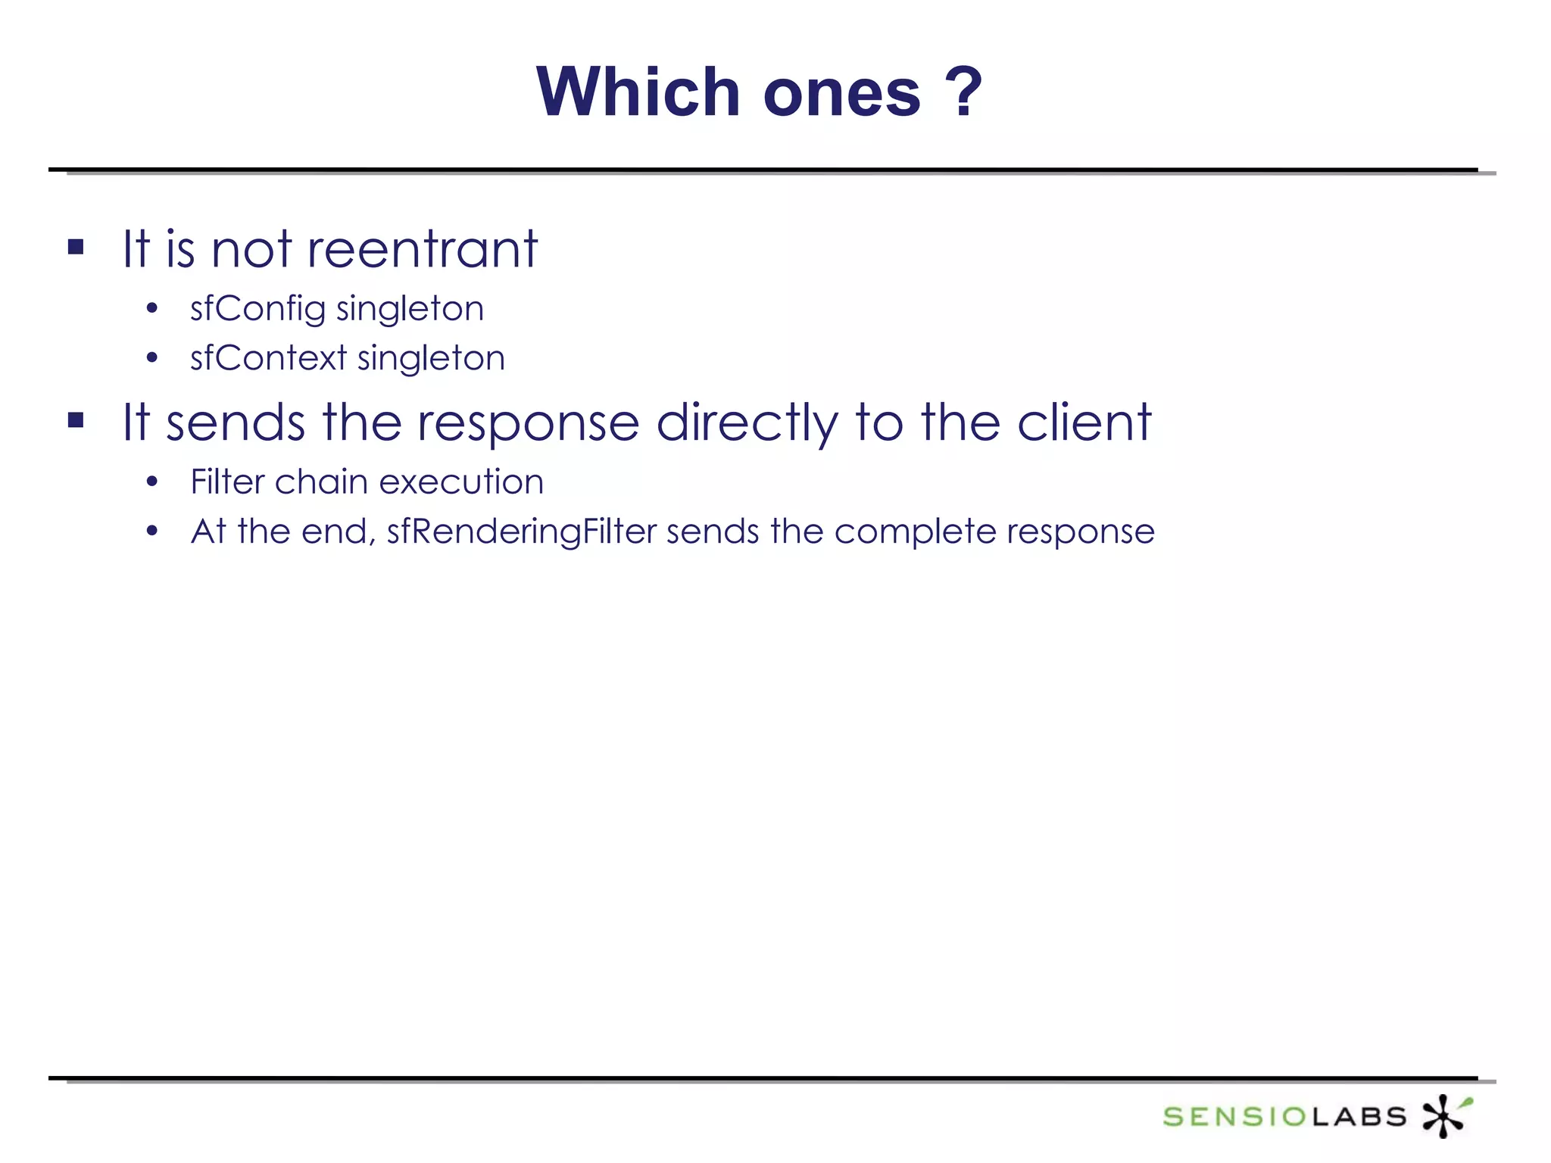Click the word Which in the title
tap(638, 92)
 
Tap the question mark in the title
tap(963, 92)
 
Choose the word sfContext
tap(268, 358)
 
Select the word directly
tap(747, 422)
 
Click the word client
tap(1084, 422)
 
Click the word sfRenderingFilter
tap(522, 532)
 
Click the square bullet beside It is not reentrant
tap(76, 247)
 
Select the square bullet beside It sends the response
tap(76, 420)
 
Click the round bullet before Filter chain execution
tap(152, 482)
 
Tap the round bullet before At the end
tap(152, 532)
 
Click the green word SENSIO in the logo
tap(1234, 1117)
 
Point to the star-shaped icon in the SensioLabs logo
tap(1445, 1115)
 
